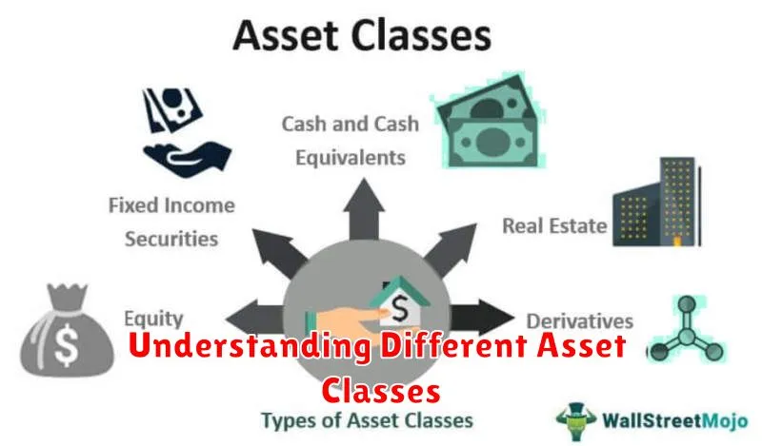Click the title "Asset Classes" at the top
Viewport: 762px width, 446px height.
(363, 35)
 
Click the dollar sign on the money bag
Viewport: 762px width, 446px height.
(66, 343)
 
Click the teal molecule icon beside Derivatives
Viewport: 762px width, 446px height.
(686, 329)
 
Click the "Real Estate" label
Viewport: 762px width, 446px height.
(554, 225)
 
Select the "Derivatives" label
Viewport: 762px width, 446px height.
(580, 321)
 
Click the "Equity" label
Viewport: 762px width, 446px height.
(153, 320)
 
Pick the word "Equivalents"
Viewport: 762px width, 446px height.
(351, 158)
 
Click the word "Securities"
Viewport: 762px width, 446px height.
(171, 239)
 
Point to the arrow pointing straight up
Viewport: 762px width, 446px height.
(364, 208)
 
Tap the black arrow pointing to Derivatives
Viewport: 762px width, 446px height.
(482, 318)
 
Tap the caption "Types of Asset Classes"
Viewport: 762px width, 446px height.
(368, 420)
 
